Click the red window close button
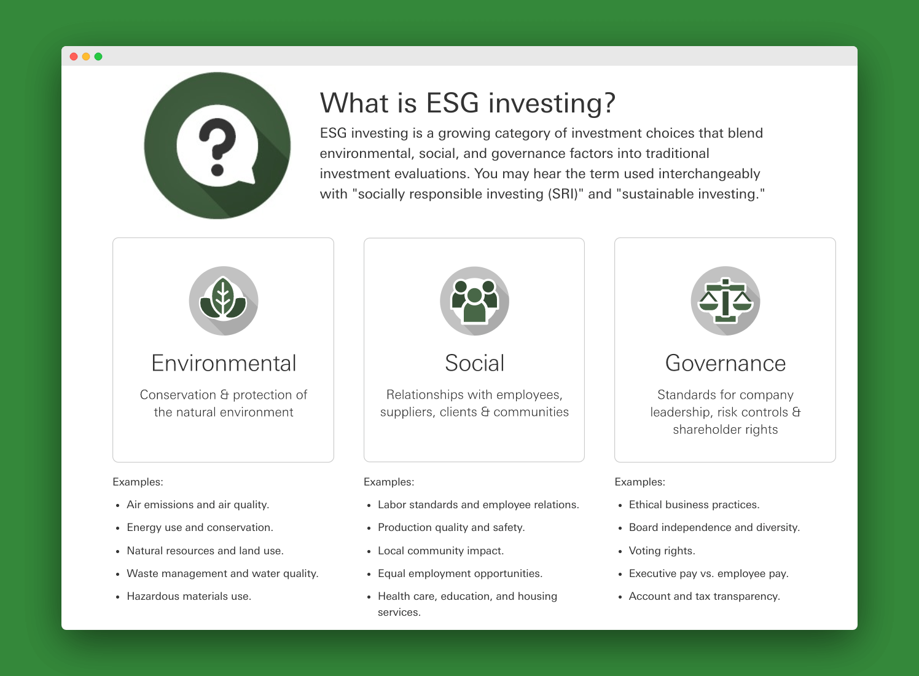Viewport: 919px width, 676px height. (74, 57)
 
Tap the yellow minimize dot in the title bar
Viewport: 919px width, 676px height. (86, 57)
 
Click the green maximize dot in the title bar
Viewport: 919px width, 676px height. (98, 57)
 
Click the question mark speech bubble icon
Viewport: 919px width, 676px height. (217, 146)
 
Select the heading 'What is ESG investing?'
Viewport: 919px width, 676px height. (467, 103)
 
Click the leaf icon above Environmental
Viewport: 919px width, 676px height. (224, 301)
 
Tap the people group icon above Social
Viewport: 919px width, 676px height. (475, 301)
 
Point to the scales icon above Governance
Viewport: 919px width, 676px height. (725, 301)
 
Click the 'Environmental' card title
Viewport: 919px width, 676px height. (224, 363)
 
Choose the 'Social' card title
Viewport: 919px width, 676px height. (475, 363)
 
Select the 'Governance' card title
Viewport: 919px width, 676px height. (725, 363)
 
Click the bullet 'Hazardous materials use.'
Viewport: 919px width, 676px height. (189, 596)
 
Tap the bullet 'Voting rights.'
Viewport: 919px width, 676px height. (662, 551)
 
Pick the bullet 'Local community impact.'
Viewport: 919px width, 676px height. (440, 551)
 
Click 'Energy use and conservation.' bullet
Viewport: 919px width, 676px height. (200, 527)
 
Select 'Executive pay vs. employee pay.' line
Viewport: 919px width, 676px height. (709, 573)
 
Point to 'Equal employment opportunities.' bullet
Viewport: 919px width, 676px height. (460, 573)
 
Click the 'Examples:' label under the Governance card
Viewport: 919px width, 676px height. (639, 482)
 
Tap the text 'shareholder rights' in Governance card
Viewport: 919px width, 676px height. (725, 430)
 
